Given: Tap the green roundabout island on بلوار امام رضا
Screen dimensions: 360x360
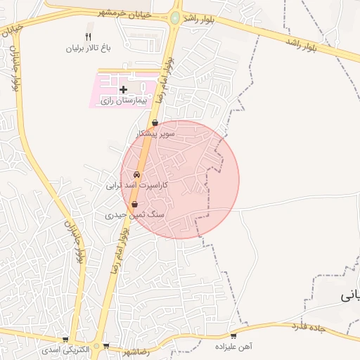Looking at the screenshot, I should tap(174, 18).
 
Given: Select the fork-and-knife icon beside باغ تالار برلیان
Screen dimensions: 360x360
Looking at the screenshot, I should tap(88, 37).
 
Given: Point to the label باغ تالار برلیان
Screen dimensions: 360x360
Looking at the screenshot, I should tap(89, 49).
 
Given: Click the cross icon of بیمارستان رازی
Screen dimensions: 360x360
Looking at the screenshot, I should tap(123, 89).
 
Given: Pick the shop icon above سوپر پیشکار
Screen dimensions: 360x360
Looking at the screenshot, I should tap(155, 122).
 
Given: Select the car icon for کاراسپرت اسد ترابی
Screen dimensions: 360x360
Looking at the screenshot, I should tap(136, 174).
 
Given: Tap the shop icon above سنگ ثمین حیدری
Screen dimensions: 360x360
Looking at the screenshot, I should tap(134, 204).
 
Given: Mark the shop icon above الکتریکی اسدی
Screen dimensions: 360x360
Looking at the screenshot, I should tap(65, 339).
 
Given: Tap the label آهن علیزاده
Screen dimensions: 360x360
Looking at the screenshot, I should tap(235, 347).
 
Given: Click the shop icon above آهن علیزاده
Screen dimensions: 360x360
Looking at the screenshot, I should tap(233, 336).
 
